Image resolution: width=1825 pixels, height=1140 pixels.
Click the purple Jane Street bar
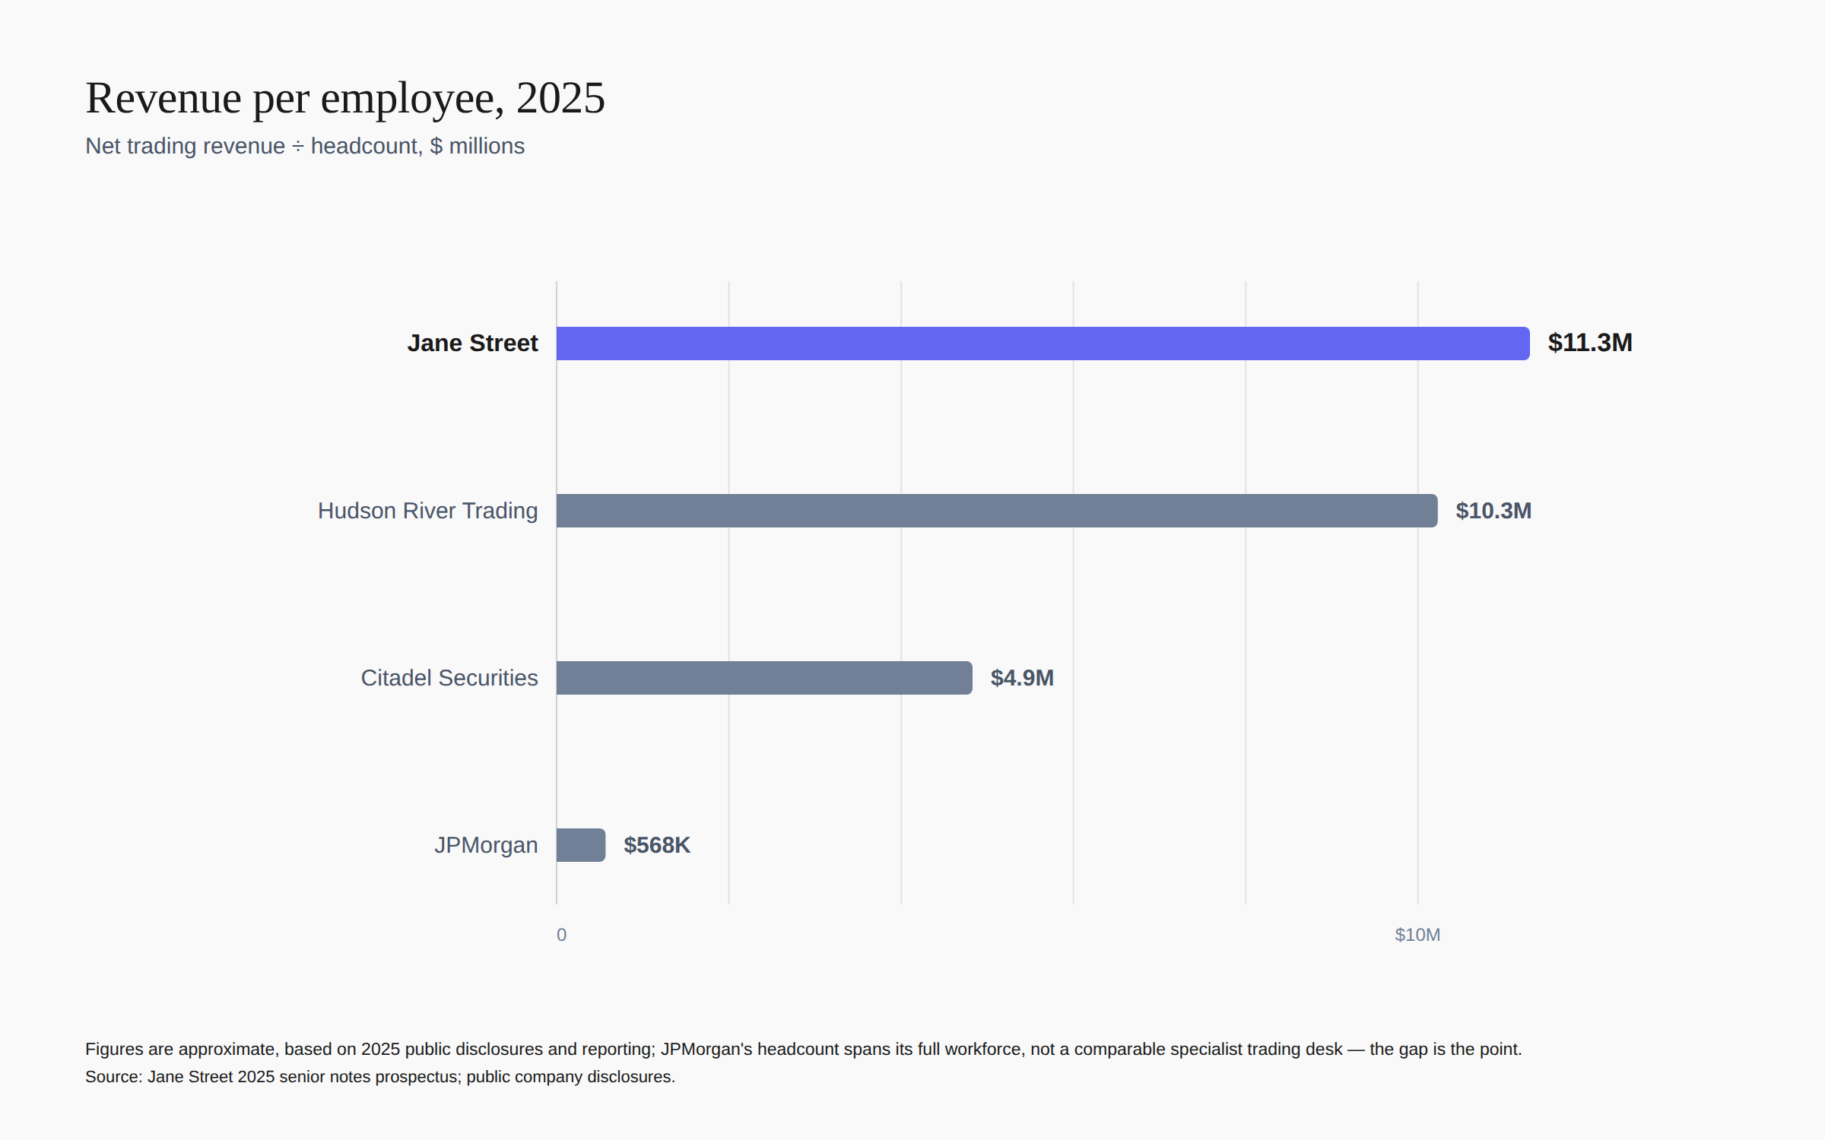tap(1043, 344)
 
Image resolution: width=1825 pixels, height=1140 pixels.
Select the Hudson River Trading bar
tap(997, 511)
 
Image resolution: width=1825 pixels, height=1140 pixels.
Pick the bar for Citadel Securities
tap(764, 678)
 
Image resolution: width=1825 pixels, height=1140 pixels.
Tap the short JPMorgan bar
tap(581, 845)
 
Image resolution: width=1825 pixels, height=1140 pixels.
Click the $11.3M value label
tap(1590, 343)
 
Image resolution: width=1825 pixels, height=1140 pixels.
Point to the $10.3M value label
tap(1493, 511)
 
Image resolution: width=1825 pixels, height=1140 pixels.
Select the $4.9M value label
tap(1022, 678)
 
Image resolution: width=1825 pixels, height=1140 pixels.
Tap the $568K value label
tap(657, 845)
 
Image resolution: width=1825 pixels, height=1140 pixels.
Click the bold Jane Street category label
tap(472, 343)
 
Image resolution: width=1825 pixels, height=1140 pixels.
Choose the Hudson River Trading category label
tap(427, 511)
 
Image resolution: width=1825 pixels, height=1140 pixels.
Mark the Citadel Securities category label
tap(449, 678)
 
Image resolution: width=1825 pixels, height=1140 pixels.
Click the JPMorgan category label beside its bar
tap(486, 845)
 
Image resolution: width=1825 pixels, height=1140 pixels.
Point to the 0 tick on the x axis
tap(561, 935)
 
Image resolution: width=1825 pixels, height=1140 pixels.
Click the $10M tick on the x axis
tap(1417, 935)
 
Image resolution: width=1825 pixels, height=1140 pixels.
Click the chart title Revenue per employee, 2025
tap(345, 98)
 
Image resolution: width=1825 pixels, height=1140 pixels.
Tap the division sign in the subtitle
tap(298, 147)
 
